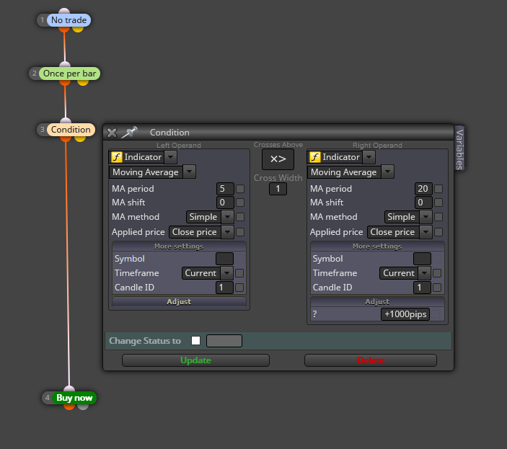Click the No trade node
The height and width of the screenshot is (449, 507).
coord(69,20)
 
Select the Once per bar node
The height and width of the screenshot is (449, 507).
coord(69,74)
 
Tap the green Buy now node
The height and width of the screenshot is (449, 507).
coord(74,398)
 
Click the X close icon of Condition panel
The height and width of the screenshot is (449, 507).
coord(112,133)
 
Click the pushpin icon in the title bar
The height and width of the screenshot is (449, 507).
coord(129,132)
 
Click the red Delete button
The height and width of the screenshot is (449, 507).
coord(371,360)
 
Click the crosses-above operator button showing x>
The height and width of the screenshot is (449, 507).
coord(278,159)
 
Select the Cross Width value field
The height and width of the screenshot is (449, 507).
coord(278,189)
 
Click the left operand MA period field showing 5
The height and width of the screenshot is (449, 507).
coord(225,189)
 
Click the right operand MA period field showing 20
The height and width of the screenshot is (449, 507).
coord(423,189)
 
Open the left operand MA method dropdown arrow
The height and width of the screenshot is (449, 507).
coord(228,217)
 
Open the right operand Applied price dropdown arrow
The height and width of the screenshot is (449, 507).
coord(426,232)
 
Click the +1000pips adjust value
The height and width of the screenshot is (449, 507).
coord(405,314)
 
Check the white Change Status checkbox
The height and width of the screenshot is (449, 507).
coord(195,341)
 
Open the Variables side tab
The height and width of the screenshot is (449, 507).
coord(459,149)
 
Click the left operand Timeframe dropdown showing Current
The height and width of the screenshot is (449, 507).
coord(207,273)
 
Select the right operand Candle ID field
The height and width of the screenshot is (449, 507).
coord(422,288)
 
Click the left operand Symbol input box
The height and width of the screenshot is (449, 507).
coord(224,259)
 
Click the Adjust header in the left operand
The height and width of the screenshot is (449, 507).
coord(179,302)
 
